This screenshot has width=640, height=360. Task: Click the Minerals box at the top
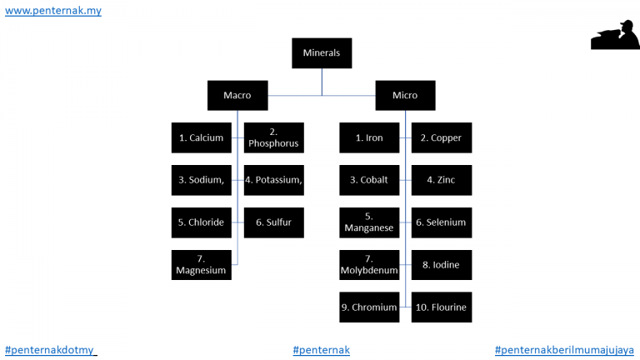[322, 53]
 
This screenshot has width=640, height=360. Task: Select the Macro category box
[237, 96]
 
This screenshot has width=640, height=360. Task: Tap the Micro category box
[405, 96]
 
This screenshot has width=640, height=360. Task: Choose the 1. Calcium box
[201, 138]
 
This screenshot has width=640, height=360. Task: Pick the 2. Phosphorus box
[274, 138]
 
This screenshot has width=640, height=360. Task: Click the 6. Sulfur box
[274, 222]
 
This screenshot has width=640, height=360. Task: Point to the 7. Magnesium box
[201, 265]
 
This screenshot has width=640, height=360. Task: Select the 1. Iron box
[369, 138]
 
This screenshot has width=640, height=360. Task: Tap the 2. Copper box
[442, 138]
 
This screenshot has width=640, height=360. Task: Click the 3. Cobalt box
[369, 180]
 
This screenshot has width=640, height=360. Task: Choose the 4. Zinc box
[442, 180]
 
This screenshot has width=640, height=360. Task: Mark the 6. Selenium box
[442, 222]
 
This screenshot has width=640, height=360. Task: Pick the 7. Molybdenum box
[369, 265]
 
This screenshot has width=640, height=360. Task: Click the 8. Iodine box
[442, 265]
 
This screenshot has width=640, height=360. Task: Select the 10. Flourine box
[442, 307]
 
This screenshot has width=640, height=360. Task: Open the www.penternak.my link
[53, 11]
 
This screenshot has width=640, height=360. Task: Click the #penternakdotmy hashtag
[49, 350]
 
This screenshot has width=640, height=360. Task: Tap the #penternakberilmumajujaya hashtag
[564, 350]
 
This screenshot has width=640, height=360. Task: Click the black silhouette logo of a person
[615, 35]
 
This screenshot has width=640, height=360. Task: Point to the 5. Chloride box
[201, 222]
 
